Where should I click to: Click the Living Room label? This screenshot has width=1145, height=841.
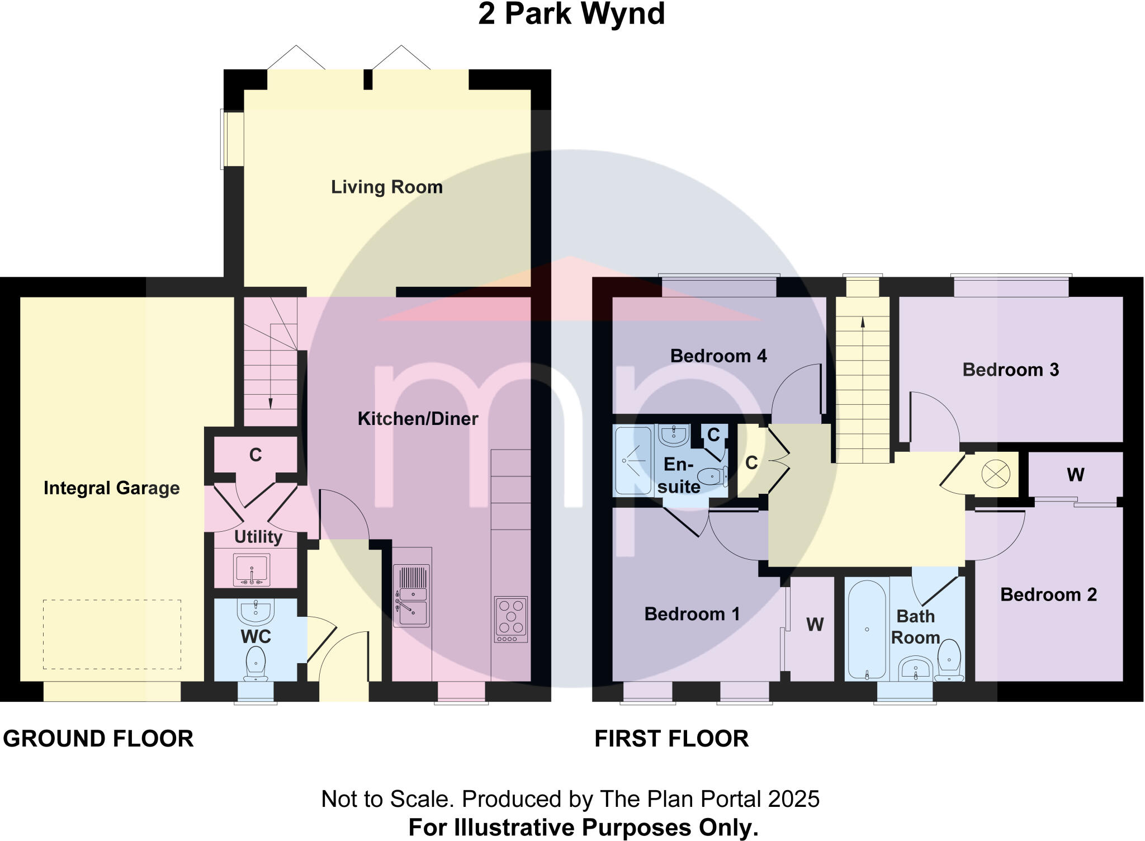[x=387, y=187]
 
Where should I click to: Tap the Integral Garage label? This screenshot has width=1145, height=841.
[x=112, y=488]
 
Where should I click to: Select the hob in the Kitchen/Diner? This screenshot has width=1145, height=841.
[x=510, y=618]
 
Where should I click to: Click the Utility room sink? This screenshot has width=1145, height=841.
[x=252, y=570]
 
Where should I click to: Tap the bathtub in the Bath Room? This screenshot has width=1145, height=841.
[x=867, y=629]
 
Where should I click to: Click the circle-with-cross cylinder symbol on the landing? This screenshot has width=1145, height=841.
[x=996, y=475]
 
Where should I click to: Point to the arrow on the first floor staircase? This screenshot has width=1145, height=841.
[x=863, y=323]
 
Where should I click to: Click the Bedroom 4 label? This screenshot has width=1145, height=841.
[x=718, y=356]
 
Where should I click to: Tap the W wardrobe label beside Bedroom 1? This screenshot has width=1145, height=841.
[x=815, y=625]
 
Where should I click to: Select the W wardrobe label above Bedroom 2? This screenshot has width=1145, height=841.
[x=1075, y=475]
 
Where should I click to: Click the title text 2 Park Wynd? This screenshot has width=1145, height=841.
[x=571, y=14]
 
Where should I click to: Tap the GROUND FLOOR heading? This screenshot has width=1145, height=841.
[x=98, y=739]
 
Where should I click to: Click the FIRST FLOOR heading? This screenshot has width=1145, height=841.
[x=671, y=739]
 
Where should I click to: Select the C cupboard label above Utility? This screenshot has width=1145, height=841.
[x=256, y=455]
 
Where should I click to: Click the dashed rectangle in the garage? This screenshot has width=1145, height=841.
[x=112, y=634]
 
